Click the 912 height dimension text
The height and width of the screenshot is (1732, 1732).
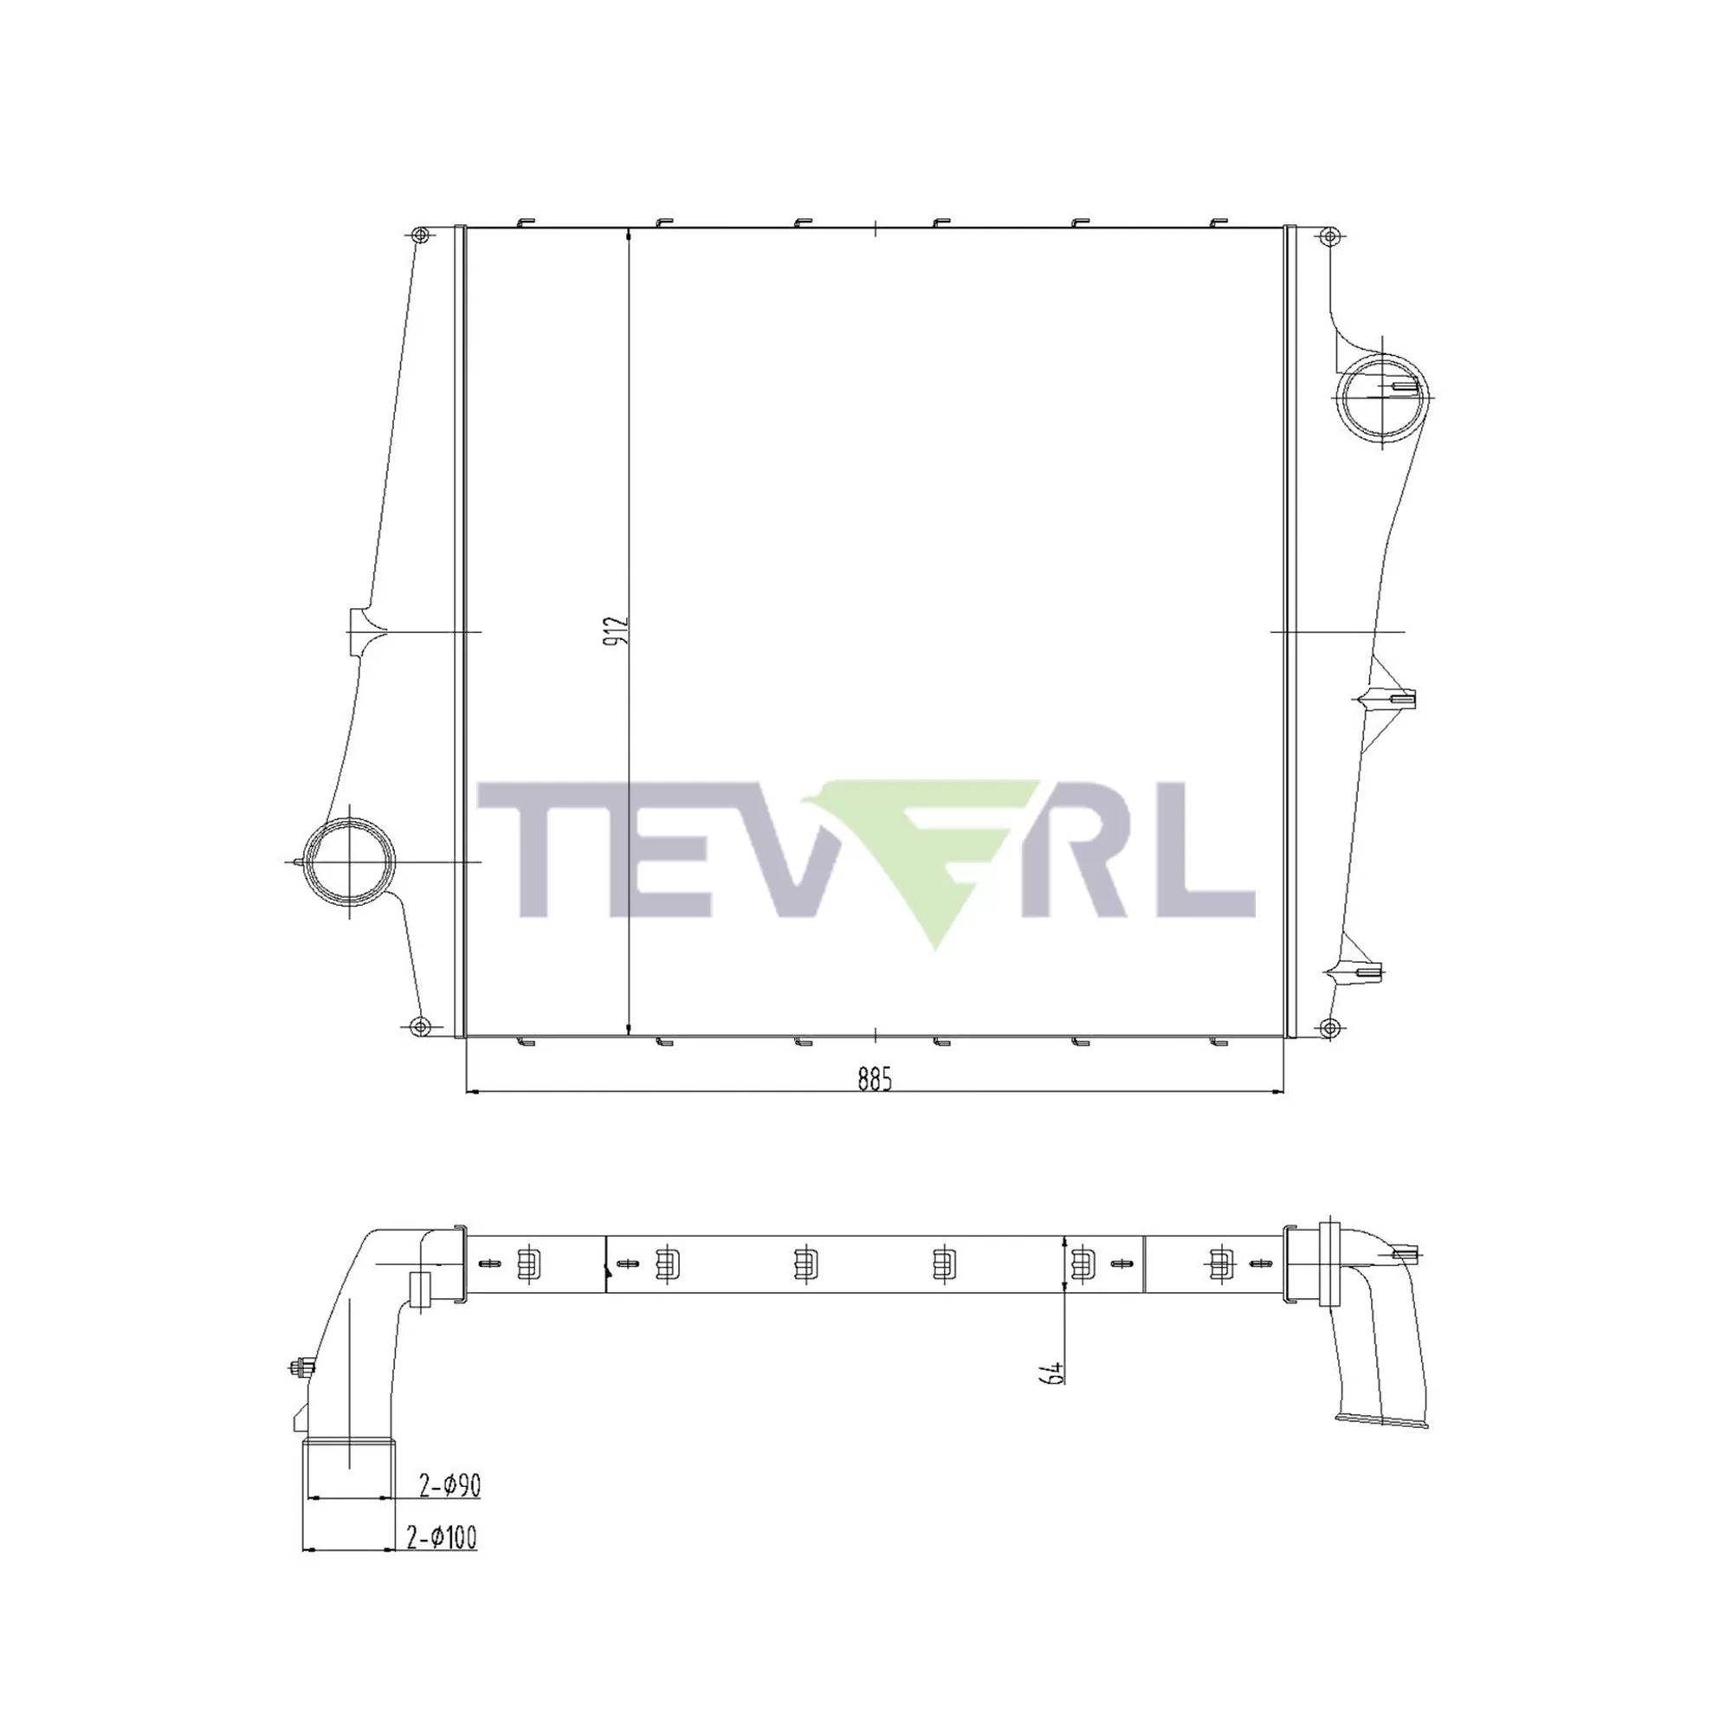[x=617, y=633]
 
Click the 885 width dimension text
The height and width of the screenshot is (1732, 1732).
[x=875, y=1080]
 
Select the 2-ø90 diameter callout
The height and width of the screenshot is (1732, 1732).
[x=450, y=1485]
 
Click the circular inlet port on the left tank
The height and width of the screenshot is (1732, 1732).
[x=349, y=862]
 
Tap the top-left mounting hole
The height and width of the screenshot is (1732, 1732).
[x=419, y=236]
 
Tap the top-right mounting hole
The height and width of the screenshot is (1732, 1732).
[x=1330, y=236]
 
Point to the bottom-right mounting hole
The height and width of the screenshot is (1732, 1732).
[x=1330, y=1027]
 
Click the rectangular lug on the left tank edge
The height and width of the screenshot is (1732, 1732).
[x=359, y=631]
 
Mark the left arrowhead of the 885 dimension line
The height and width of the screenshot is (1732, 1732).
[x=474, y=1092]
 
